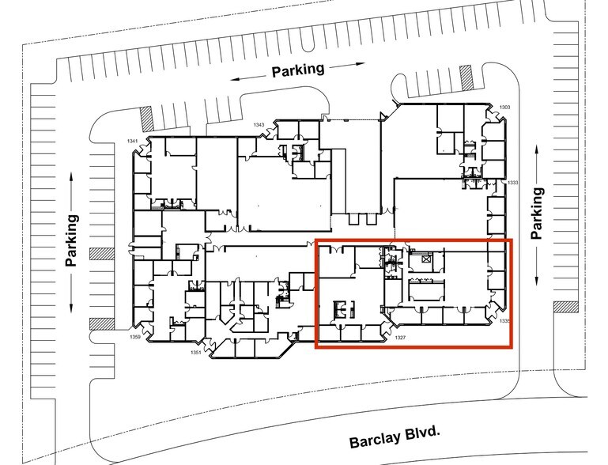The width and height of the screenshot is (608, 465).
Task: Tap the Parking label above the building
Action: click(298, 70)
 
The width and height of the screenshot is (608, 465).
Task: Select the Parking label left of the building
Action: click(72, 240)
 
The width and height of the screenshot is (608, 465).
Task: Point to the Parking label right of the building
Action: click(538, 213)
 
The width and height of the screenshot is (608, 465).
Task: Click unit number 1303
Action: click(504, 107)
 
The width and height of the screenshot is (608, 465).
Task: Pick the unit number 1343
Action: click(259, 125)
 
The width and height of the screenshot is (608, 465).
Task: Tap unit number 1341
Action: click(133, 141)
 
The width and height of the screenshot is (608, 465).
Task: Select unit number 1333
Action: click(512, 183)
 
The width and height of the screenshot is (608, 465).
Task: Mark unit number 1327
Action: click(400, 338)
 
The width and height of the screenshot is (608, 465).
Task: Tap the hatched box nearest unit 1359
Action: click(99, 323)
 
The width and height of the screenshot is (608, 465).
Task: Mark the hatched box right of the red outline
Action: click(567, 305)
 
